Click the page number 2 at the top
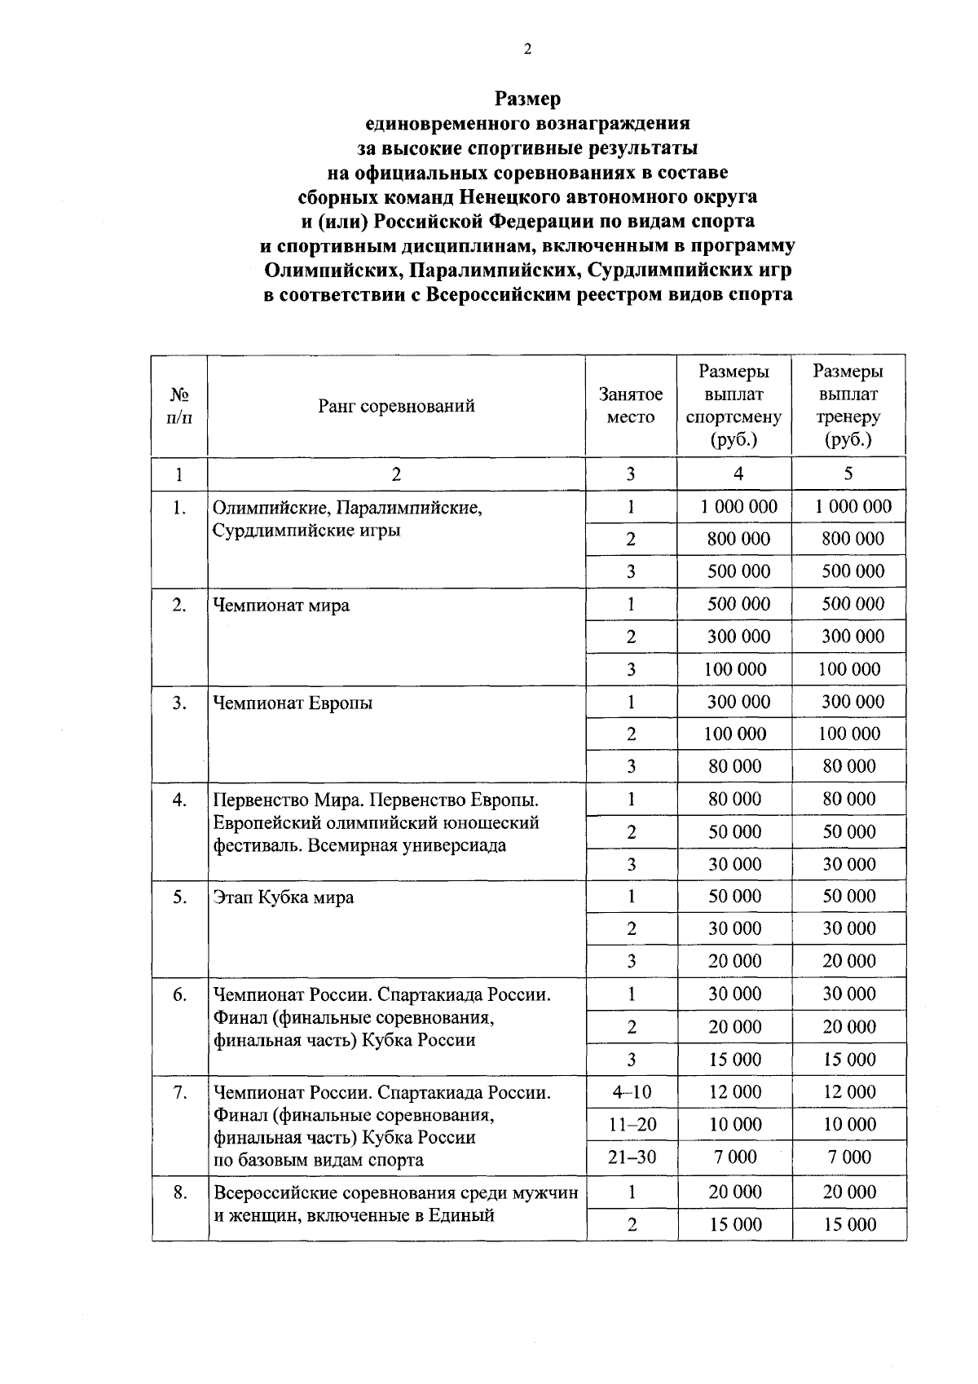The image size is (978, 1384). [527, 50]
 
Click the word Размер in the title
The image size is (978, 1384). [527, 99]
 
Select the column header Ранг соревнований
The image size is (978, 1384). [396, 406]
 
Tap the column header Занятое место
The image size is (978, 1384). [631, 406]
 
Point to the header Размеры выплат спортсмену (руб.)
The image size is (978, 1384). [733, 406]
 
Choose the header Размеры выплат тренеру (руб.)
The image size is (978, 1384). [848, 406]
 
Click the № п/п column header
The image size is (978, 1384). [179, 406]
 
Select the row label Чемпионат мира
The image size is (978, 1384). [281, 606]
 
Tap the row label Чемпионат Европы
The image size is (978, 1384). [293, 703]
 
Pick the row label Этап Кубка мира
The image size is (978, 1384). [284, 898]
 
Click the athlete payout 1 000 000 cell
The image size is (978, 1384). [739, 507]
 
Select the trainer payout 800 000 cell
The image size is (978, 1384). [852, 539]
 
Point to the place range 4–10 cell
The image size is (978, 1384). [632, 1092]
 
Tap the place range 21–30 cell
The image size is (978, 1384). [632, 1157]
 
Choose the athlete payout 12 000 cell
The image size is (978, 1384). [735, 1092]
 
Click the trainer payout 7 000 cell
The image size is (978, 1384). [849, 1157]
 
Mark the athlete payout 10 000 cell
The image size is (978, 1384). [735, 1125]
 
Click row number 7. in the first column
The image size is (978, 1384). [180, 1092]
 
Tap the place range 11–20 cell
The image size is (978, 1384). [632, 1125]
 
